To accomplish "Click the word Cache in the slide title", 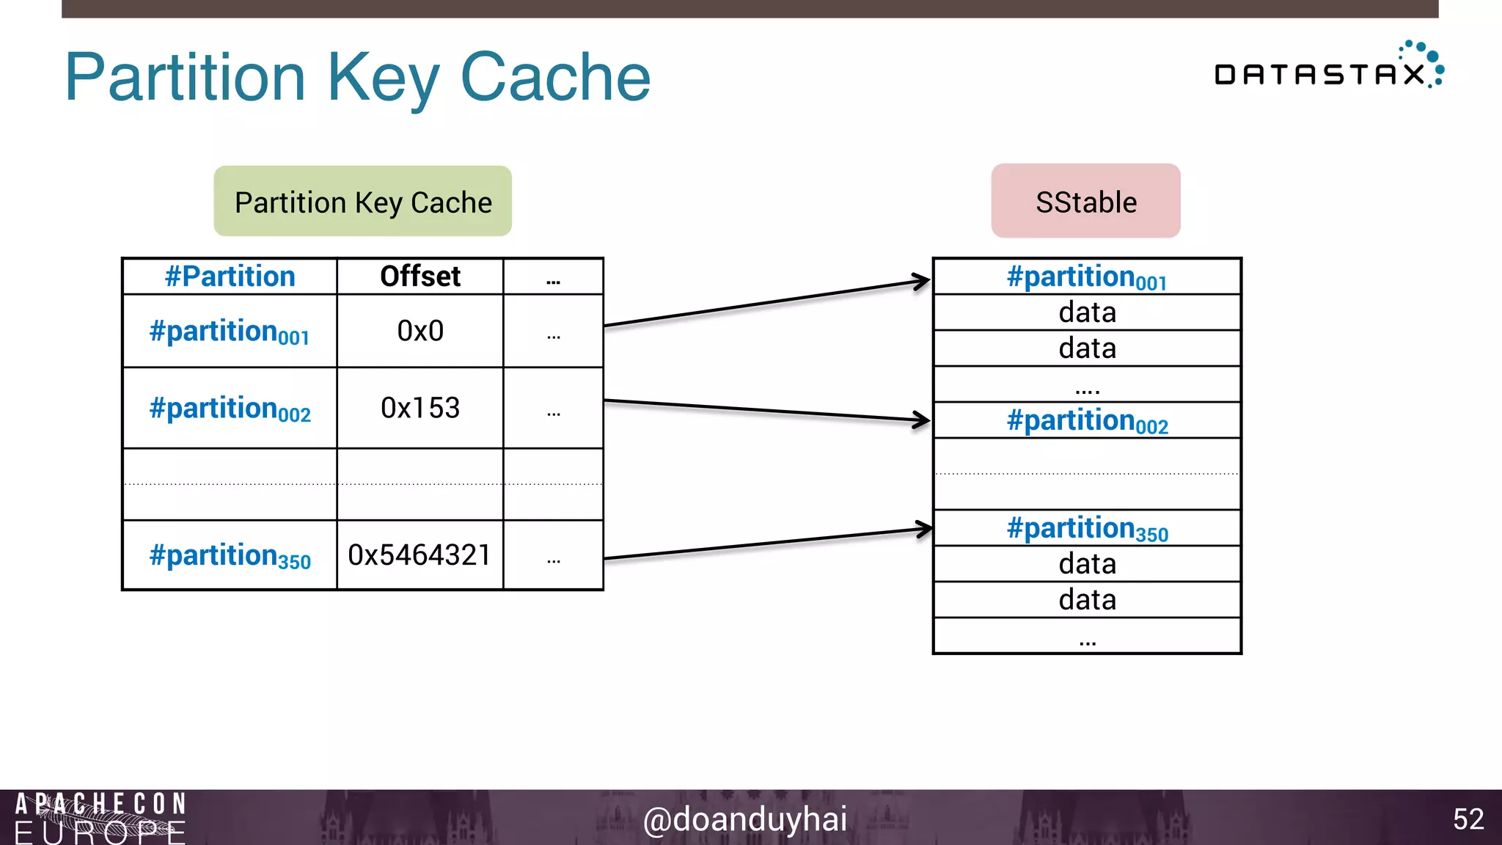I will pos(555,77).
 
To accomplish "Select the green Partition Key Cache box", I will pos(362,202).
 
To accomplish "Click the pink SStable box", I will pos(1085,202).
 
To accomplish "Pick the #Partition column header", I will pos(230,277).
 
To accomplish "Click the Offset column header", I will pos(420,277).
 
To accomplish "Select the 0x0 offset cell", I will pos(420,332).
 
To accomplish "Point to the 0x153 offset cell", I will pos(420,408).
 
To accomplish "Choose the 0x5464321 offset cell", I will pos(420,555).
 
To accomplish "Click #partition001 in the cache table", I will pos(230,332).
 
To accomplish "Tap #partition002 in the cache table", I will pos(230,409).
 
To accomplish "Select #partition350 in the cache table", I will pos(230,556).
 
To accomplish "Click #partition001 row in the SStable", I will pos(1086,277).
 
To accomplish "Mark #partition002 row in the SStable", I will pos(1086,421).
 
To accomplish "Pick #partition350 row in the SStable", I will pos(1086,529).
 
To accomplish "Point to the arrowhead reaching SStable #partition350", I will pos(924,529).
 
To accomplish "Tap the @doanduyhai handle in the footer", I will pos(744,819).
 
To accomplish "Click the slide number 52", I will pos(1468,819).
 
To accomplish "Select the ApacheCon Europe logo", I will pos(100,818).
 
